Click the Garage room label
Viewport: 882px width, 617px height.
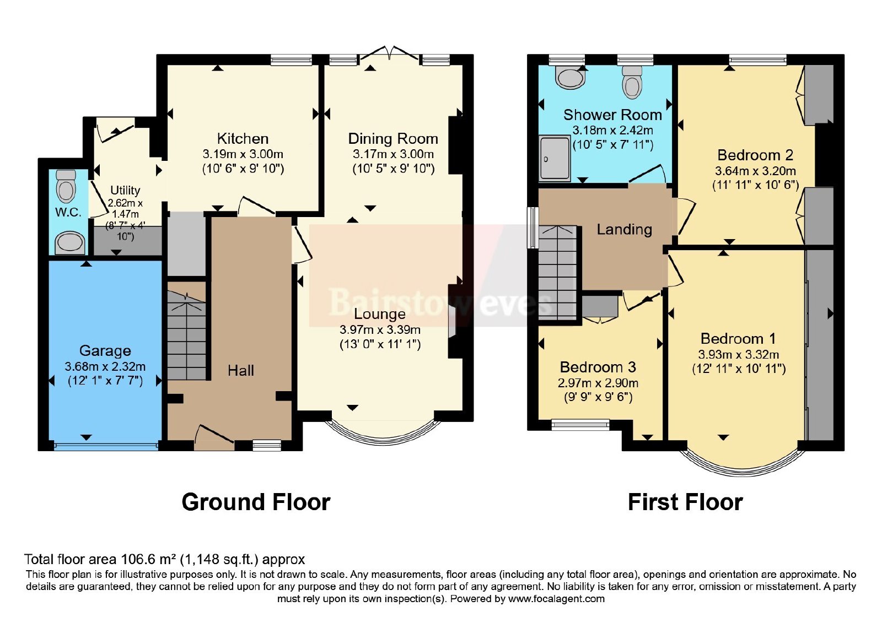pyautogui.click(x=105, y=350)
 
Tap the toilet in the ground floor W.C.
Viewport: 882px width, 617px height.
pyautogui.click(x=66, y=186)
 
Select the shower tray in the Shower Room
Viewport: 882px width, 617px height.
pyautogui.click(x=555, y=158)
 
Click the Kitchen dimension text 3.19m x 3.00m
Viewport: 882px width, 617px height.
pyautogui.click(x=243, y=154)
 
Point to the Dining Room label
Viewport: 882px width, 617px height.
pyautogui.click(x=393, y=138)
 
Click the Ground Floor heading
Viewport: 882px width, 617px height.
pyautogui.click(x=256, y=502)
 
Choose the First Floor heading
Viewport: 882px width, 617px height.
pyautogui.click(x=685, y=502)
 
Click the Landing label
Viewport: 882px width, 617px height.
pyautogui.click(x=625, y=229)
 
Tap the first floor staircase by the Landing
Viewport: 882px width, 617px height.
pyautogui.click(x=557, y=273)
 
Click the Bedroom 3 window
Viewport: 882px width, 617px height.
pyautogui.click(x=580, y=425)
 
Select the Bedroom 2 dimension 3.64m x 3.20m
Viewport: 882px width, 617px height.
pyautogui.click(x=755, y=171)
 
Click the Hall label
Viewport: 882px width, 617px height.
pyautogui.click(x=240, y=370)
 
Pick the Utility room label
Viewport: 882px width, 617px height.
pyautogui.click(x=125, y=190)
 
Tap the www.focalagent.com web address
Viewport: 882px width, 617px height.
pyautogui.click(x=556, y=599)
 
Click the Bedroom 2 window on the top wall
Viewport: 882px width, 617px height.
pyautogui.click(x=757, y=60)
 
